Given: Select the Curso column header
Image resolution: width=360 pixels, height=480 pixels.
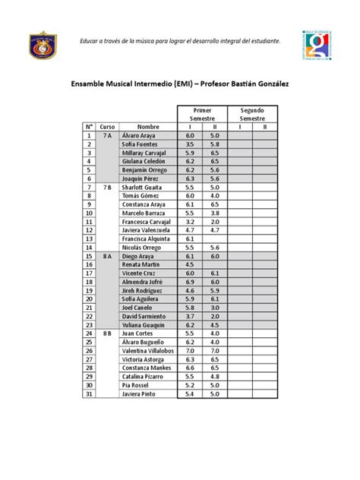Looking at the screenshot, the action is (107, 126).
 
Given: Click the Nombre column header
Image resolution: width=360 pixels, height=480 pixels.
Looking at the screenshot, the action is (147, 126).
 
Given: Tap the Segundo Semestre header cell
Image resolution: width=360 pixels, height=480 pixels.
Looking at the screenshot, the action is (251, 114).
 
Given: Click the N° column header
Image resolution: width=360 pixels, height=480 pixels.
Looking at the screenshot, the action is (89, 126).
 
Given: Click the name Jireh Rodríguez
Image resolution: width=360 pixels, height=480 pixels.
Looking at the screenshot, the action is (144, 290).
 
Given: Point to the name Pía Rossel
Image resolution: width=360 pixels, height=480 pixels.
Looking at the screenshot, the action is (136, 385).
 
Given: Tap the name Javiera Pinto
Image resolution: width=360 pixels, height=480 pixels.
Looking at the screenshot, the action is (140, 394).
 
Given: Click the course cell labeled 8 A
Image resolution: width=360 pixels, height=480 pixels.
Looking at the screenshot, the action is (107, 256).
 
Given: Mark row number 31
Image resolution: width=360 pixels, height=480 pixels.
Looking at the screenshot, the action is (89, 394).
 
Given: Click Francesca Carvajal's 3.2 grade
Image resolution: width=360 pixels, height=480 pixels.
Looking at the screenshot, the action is (190, 221).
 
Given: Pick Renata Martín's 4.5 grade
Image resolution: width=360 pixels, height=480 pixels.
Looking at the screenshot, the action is (190, 264).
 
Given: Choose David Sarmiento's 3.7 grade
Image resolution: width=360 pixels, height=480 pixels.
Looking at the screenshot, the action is (190, 316).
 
